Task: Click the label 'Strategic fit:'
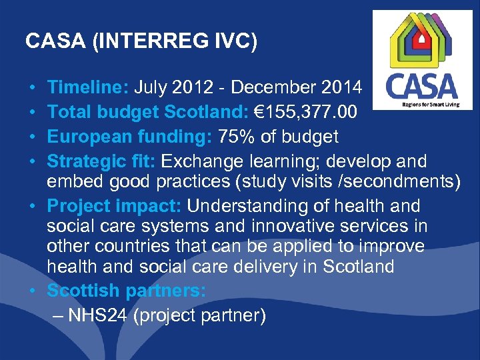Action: [102, 161]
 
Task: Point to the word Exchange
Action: [203, 161]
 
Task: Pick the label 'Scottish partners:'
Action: [127, 291]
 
